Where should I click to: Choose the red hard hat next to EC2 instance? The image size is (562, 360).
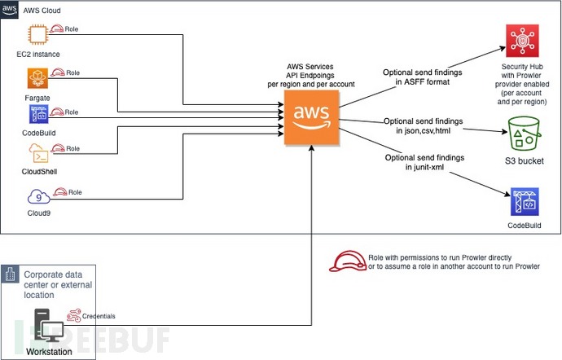click(59, 29)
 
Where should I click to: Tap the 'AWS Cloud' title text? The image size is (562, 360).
click(43, 9)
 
